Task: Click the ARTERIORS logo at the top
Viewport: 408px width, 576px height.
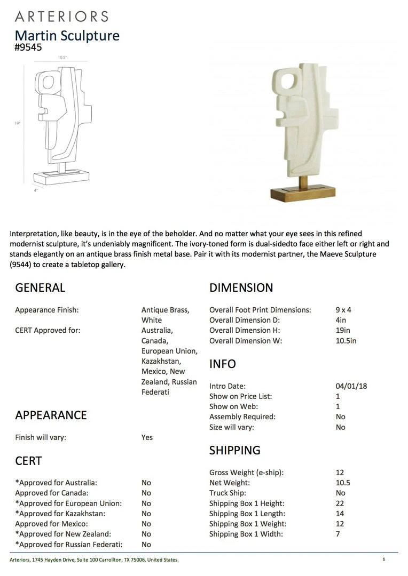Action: pyautogui.click(x=61, y=16)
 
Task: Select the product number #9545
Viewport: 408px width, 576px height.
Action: pyautogui.click(x=28, y=47)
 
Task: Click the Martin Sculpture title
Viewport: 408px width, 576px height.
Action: pyautogui.click(x=67, y=35)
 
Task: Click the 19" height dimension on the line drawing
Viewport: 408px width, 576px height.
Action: pyautogui.click(x=18, y=123)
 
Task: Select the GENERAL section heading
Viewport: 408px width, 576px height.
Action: pyautogui.click(x=40, y=287)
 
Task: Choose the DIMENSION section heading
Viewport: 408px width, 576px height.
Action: pyautogui.click(x=241, y=287)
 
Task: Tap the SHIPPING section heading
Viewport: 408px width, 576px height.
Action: pyautogui.click(x=235, y=450)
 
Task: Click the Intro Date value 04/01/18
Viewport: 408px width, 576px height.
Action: pyautogui.click(x=351, y=386)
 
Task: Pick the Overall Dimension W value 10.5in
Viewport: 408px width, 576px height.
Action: pyautogui.click(x=346, y=341)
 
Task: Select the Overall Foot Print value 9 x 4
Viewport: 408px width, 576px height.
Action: pyautogui.click(x=343, y=310)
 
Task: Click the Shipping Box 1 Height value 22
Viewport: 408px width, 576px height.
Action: pyautogui.click(x=340, y=503)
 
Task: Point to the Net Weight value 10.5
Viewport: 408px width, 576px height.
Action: pyautogui.click(x=343, y=483)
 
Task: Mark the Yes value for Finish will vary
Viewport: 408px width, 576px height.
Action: pyautogui.click(x=147, y=437)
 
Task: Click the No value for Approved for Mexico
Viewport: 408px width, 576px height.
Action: pyautogui.click(x=146, y=524)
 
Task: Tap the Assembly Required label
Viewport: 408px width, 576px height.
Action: pyautogui.click(x=242, y=417)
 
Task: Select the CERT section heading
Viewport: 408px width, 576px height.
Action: pyautogui.click(x=28, y=461)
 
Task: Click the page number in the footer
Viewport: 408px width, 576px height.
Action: pyautogui.click(x=383, y=559)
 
